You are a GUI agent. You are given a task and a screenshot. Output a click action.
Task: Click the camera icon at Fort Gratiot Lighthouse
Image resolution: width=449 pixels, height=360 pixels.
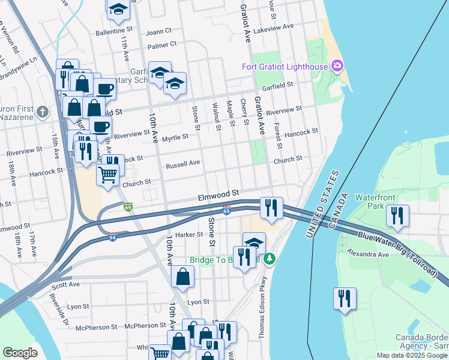click(x=337, y=65)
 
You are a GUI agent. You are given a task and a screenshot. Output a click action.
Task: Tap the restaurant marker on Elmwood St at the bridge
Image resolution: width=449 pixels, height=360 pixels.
click(x=271, y=208)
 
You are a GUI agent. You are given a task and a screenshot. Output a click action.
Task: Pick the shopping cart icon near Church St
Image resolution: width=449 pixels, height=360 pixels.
click(x=107, y=175)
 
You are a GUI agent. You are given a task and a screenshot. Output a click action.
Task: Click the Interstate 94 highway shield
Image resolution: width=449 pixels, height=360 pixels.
click(x=112, y=237)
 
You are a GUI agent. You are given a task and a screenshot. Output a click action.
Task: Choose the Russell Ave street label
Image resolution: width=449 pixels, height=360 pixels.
click(x=183, y=163)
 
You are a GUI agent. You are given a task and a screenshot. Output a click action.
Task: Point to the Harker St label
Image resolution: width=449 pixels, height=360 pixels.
click(x=191, y=235)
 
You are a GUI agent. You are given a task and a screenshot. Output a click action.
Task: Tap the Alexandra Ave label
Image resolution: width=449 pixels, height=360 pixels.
click(x=367, y=254)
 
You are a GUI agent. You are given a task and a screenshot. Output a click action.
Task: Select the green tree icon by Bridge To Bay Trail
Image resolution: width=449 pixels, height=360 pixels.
click(x=270, y=259)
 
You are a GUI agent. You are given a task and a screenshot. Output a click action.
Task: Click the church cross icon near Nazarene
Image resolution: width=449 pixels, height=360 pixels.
click(x=42, y=112)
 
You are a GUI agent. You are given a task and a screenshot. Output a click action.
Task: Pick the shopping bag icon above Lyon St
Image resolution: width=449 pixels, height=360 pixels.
click(x=182, y=277)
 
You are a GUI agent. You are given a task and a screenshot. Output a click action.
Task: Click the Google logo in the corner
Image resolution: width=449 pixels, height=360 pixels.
click(x=20, y=353)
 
